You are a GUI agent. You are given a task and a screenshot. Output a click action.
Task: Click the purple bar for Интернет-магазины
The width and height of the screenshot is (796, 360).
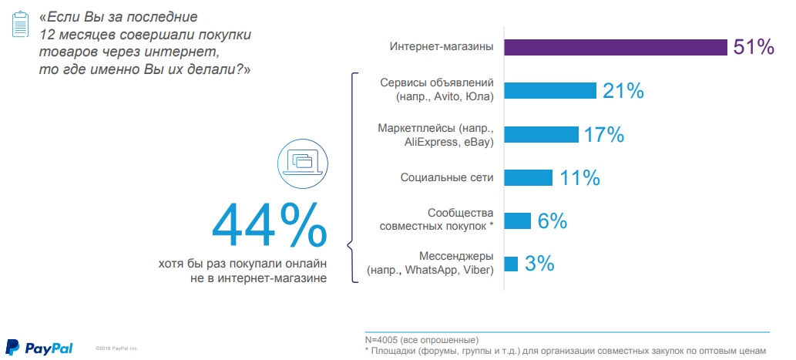[x=616, y=48]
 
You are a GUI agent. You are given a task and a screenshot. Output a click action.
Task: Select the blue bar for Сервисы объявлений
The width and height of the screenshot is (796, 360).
[x=550, y=90]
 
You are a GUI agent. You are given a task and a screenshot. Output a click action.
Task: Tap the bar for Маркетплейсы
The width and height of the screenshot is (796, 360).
[x=541, y=134]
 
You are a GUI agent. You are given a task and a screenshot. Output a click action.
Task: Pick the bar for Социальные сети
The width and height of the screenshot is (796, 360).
[x=528, y=178]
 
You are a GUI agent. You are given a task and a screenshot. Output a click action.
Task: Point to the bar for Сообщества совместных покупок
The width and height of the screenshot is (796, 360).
[x=517, y=221]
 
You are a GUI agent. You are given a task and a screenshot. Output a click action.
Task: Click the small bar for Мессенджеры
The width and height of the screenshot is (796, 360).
[x=510, y=264]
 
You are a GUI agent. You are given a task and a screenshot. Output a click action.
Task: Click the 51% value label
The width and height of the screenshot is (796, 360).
[x=754, y=48]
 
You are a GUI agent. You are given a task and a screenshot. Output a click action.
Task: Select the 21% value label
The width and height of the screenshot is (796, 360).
[x=623, y=90]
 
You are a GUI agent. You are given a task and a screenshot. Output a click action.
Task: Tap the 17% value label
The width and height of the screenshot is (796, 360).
[x=603, y=134]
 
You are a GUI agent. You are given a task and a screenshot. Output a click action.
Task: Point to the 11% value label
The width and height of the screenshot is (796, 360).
[x=579, y=178]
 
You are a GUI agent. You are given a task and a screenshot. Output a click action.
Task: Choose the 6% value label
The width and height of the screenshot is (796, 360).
[x=552, y=221]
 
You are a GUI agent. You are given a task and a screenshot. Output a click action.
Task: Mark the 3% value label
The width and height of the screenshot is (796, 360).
[x=540, y=264]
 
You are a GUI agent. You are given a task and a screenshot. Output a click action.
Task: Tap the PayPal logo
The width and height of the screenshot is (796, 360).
[x=39, y=348]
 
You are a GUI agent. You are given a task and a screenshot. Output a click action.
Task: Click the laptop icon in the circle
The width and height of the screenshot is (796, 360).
[x=301, y=160]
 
